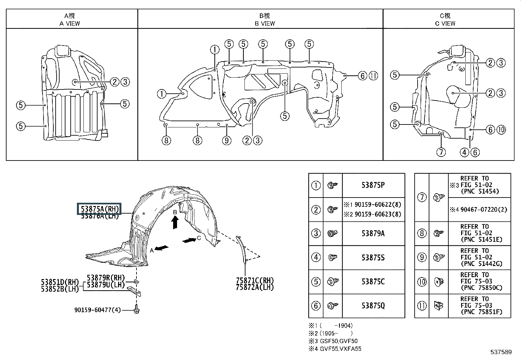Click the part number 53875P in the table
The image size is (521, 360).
tap(373, 185)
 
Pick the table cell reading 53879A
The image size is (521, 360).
tap(373, 234)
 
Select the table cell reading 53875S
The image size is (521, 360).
tap(373, 257)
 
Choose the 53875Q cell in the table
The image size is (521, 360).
tap(373, 306)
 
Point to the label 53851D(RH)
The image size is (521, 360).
tap(60, 282)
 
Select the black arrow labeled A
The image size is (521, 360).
tap(162, 248)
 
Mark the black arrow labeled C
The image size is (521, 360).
tap(189, 240)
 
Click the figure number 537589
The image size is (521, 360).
tap(501, 352)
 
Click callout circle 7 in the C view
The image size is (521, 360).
tap(441, 152)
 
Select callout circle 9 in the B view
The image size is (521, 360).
tap(226, 141)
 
